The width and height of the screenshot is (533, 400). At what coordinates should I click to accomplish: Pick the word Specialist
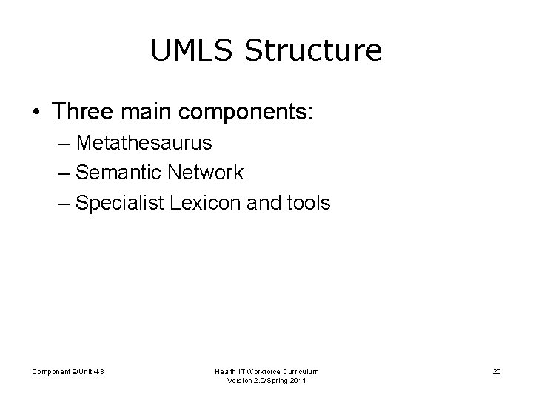[x=123, y=203]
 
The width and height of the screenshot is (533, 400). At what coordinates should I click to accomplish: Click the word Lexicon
[x=211, y=203]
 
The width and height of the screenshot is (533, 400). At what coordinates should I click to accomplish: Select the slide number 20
[x=496, y=370]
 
